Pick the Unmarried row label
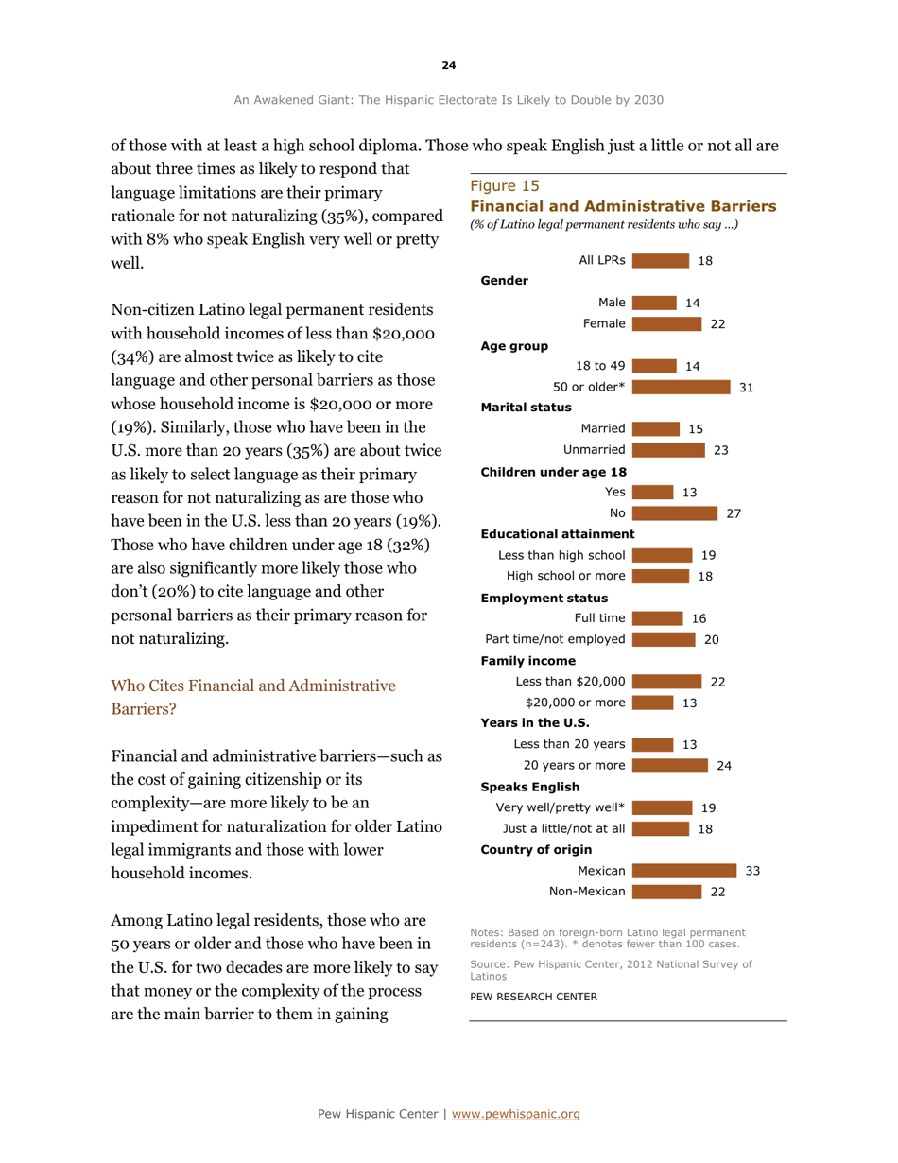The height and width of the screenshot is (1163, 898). click(593, 449)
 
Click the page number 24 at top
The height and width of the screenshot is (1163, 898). click(448, 65)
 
